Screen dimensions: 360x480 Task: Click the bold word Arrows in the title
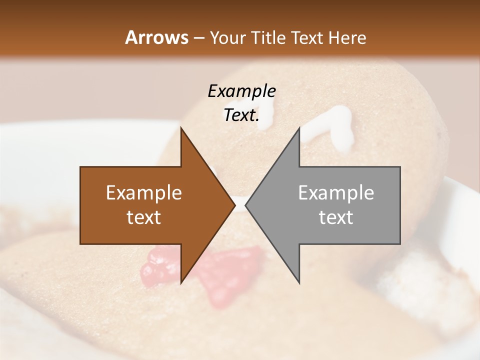156,37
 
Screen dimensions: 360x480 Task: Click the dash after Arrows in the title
198,38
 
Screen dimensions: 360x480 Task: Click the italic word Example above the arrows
241,91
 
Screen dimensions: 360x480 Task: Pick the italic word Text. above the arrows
241,115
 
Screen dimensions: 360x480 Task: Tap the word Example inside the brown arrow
144,193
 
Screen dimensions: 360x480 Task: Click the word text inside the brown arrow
144,217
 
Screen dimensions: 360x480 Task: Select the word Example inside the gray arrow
336,193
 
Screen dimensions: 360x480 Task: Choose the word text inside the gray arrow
336,217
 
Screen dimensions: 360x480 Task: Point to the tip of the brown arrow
234,205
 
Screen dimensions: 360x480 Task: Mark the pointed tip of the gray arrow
246,205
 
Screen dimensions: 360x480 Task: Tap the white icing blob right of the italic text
330,127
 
